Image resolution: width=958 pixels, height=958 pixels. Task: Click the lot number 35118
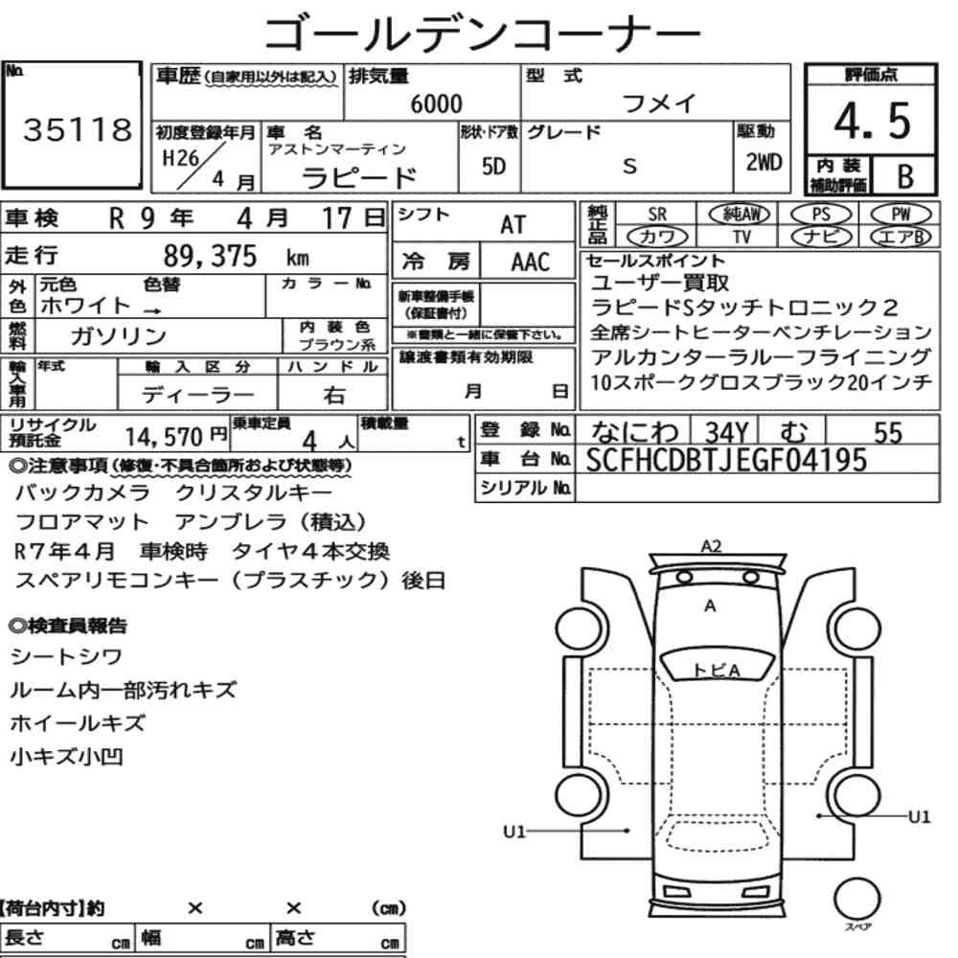point(78,129)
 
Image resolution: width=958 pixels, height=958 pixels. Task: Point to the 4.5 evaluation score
point(872,121)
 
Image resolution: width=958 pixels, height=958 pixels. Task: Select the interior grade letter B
point(905,176)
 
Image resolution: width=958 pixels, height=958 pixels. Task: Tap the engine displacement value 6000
point(436,103)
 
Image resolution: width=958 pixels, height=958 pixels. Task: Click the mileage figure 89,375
point(210,256)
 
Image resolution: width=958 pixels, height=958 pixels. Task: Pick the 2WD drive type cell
point(764,163)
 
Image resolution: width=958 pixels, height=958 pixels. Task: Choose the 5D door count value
point(493,166)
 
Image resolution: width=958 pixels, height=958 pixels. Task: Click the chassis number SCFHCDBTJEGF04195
point(726,460)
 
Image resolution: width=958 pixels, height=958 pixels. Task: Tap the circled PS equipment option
point(821,215)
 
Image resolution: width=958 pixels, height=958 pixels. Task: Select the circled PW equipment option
point(901,215)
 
